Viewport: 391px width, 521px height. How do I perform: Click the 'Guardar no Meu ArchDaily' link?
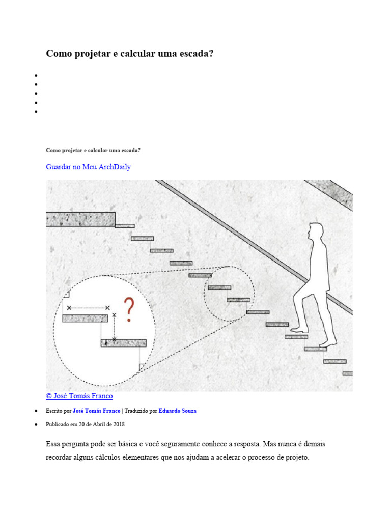88,167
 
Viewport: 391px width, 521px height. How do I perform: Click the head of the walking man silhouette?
315,230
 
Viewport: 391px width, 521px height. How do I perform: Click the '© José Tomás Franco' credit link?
79,396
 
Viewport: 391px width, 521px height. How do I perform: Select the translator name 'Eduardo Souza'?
177,411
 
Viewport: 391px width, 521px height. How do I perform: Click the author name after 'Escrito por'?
96,411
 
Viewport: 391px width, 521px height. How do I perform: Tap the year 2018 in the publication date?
119,424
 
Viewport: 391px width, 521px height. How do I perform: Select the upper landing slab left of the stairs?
80,219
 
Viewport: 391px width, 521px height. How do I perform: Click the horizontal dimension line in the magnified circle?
88,308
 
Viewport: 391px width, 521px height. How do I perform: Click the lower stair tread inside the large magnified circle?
123,343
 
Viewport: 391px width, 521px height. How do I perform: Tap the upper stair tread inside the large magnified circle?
85,319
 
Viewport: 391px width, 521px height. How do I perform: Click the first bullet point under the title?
36,75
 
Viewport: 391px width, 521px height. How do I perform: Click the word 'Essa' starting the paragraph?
53,444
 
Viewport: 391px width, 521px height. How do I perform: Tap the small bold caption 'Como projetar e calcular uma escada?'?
93,151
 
